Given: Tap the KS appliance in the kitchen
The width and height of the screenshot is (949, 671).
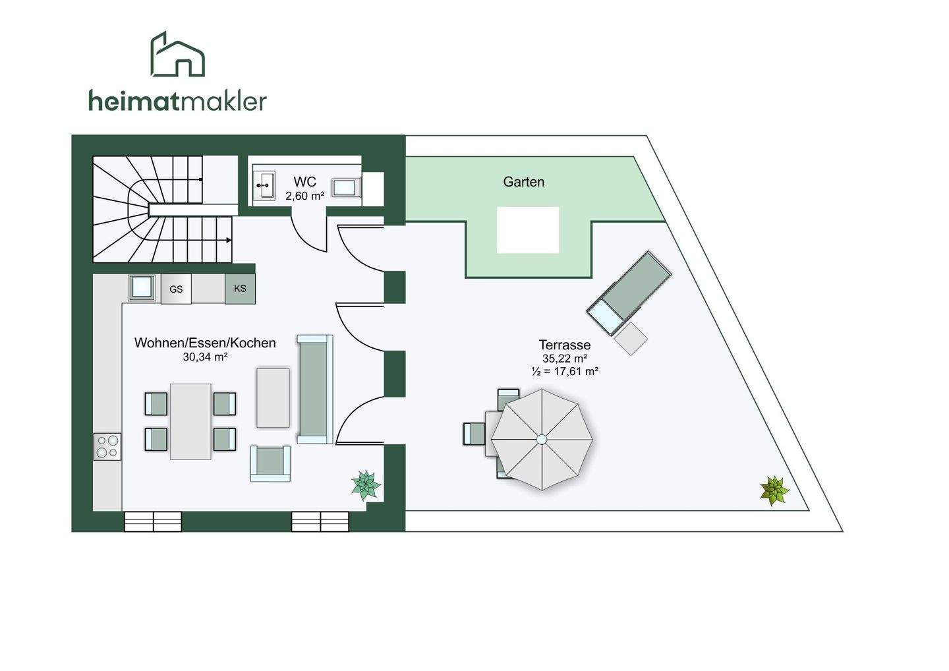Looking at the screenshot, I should click(x=240, y=289).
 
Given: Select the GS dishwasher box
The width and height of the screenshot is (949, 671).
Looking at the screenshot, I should click(x=176, y=289).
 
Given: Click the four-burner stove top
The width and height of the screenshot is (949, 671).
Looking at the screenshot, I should click(x=107, y=446).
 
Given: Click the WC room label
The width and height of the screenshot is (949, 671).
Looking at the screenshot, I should click(x=304, y=182).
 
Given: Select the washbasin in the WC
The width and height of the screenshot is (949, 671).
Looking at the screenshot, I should click(x=265, y=186).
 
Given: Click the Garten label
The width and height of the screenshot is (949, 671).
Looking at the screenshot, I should click(x=523, y=182).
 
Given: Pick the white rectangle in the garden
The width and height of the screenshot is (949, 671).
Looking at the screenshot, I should click(x=527, y=229).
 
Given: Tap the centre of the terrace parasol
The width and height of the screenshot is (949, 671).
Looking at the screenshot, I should click(x=542, y=439).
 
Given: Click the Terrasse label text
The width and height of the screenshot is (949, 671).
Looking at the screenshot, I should click(x=564, y=345).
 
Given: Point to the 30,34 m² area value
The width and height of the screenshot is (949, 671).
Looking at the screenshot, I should click(x=205, y=357).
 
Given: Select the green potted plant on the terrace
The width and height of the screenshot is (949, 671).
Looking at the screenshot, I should click(x=774, y=490).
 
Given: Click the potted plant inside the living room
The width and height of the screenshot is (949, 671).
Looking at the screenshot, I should click(x=365, y=486).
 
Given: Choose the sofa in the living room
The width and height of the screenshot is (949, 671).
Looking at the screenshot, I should click(x=314, y=389).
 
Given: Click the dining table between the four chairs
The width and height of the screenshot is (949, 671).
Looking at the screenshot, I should click(x=190, y=421).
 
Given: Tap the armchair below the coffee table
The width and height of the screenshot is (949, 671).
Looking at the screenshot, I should click(x=270, y=463).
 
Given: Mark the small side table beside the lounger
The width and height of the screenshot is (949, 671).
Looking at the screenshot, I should click(x=631, y=338).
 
